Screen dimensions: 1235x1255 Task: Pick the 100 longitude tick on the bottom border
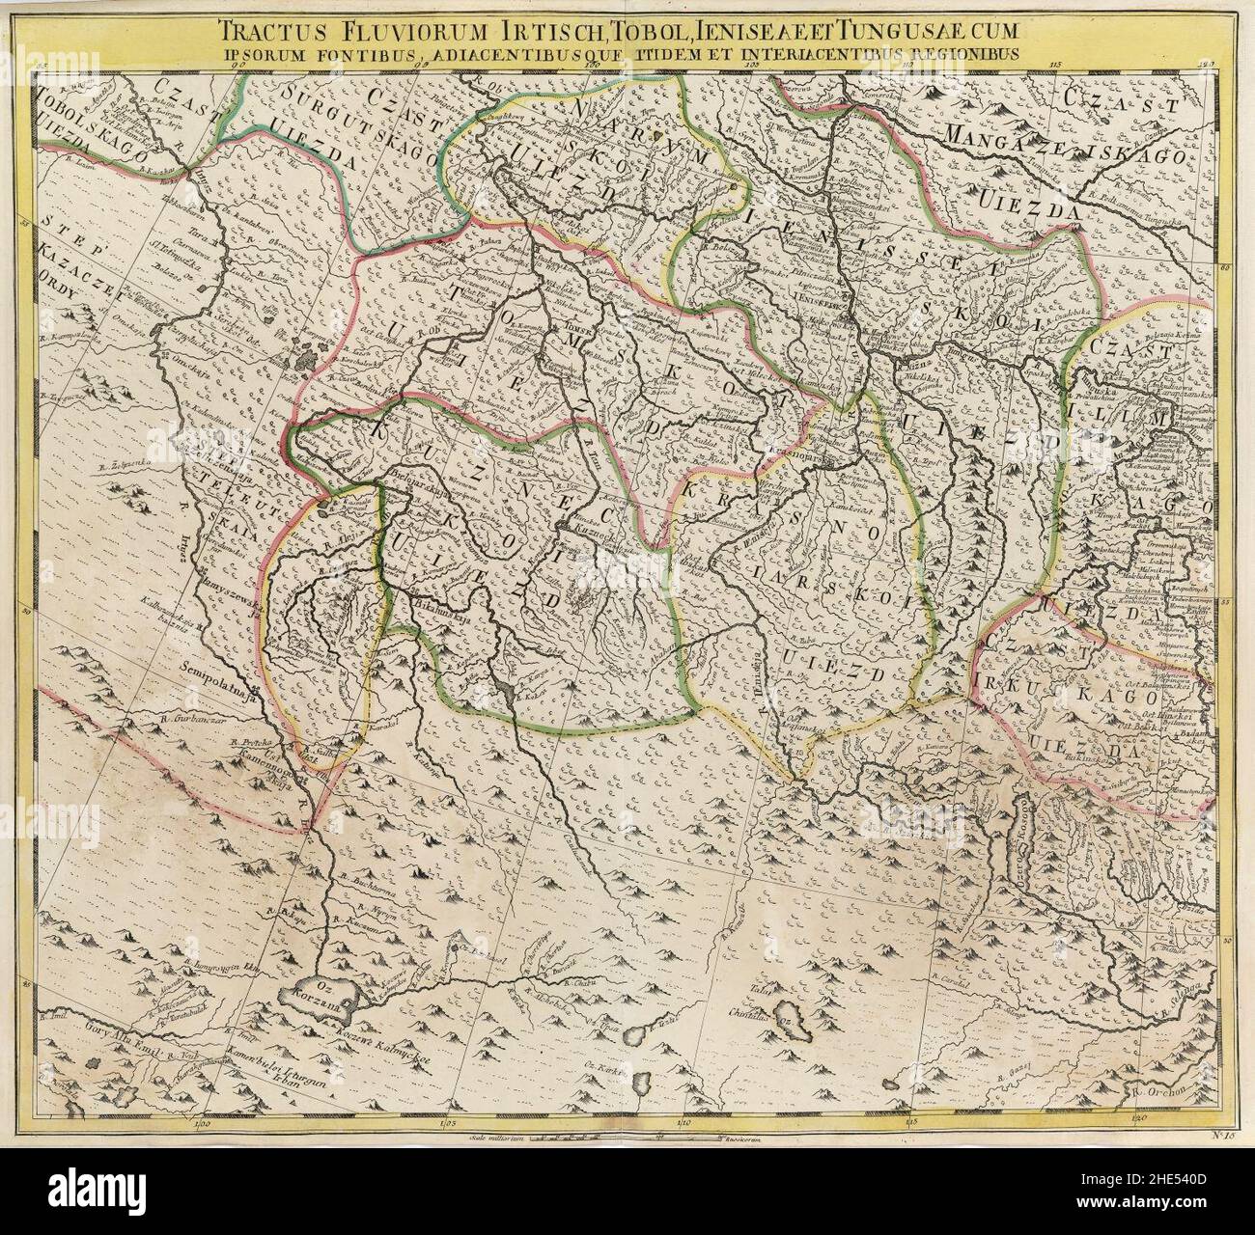coord(204,1122)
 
